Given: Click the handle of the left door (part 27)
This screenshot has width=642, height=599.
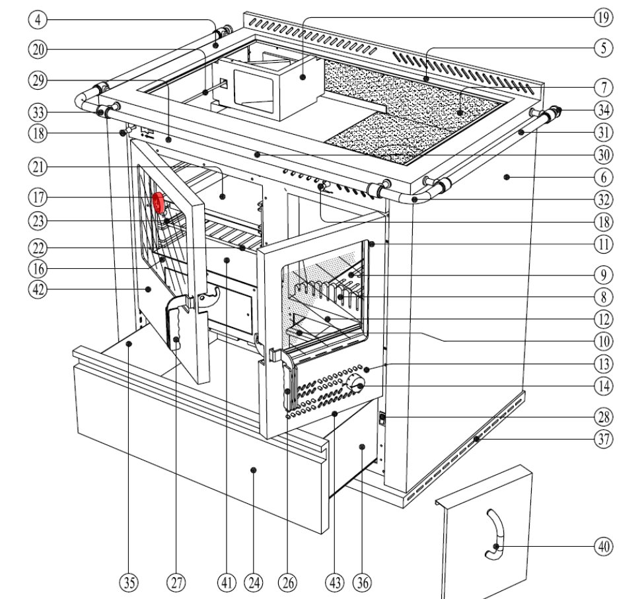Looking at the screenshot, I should (x=177, y=324).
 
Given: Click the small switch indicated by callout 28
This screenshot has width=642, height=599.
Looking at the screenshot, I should (x=381, y=418).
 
